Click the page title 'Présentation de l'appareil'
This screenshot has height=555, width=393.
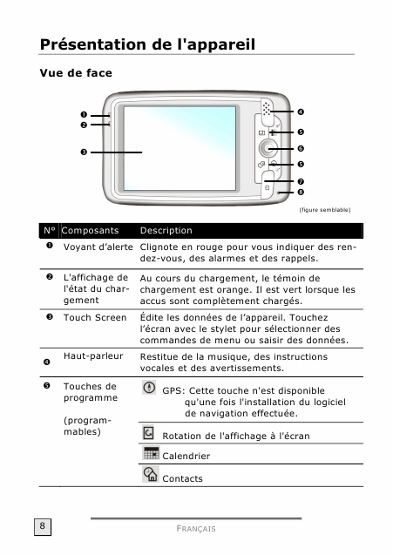[x=147, y=45]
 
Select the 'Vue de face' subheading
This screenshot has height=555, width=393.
[x=76, y=73]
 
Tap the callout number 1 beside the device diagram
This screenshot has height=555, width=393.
[x=84, y=115]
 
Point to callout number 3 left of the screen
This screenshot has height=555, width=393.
[x=84, y=152]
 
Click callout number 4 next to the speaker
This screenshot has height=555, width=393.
[x=301, y=112]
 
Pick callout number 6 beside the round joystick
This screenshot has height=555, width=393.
[x=301, y=149]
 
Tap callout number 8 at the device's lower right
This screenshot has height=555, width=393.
[x=301, y=193]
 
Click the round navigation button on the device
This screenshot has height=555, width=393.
[x=268, y=148]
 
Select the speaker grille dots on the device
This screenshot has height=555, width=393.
[x=267, y=109]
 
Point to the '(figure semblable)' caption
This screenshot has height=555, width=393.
[x=325, y=210]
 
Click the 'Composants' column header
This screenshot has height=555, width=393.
[x=90, y=230]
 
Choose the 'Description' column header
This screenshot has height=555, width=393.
[x=166, y=230]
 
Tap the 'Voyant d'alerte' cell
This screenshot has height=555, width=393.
[x=98, y=247]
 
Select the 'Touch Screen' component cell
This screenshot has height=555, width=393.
[x=95, y=317]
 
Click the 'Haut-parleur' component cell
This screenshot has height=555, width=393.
[x=93, y=356]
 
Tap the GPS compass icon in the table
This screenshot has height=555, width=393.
[x=149, y=387]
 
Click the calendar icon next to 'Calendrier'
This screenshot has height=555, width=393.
[x=151, y=453]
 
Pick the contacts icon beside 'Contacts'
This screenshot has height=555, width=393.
[x=151, y=474]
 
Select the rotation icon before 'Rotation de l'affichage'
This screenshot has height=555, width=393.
[x=148, y=432]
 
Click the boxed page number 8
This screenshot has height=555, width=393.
[x=43, y=526]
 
